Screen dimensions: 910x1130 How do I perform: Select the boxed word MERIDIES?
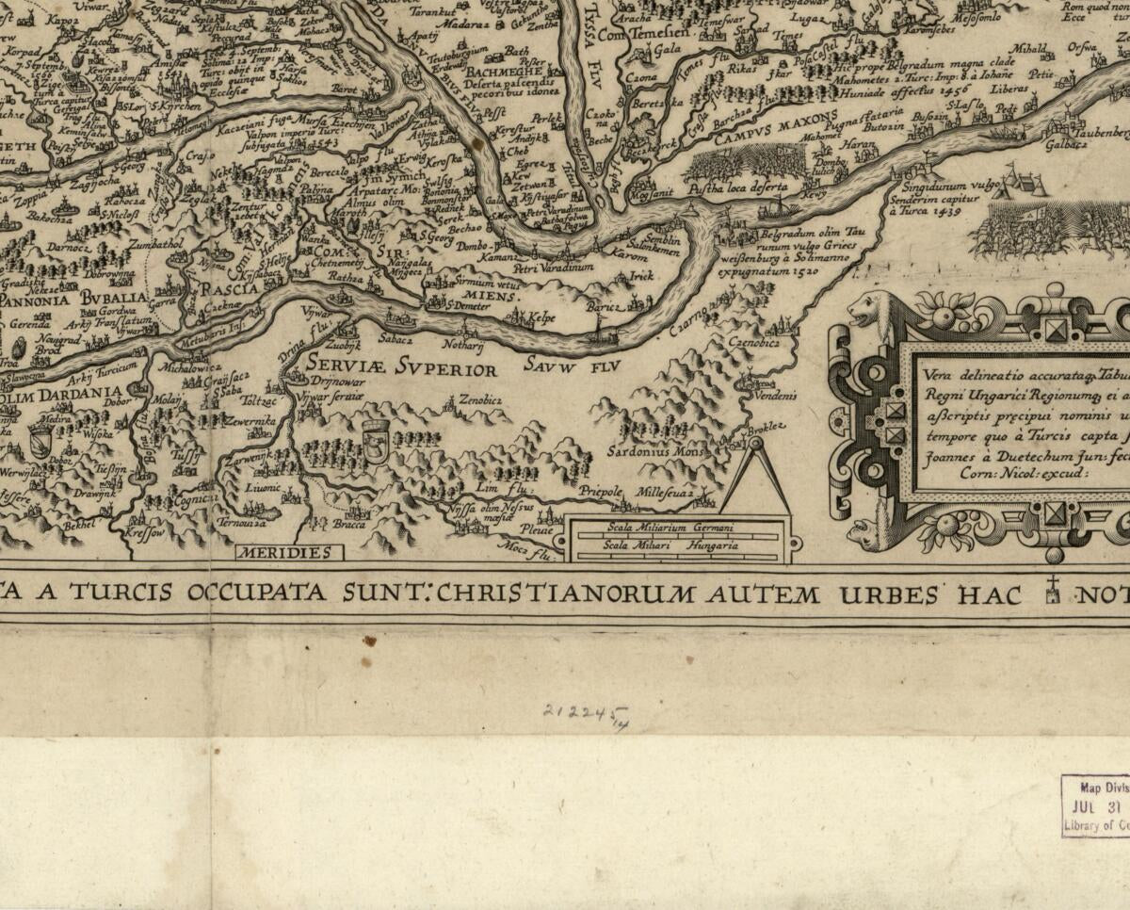[x=283, y=553]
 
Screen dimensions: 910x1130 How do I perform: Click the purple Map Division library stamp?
[x=1095, y=806]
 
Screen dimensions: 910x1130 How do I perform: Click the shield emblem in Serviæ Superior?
[x=374, y=441]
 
